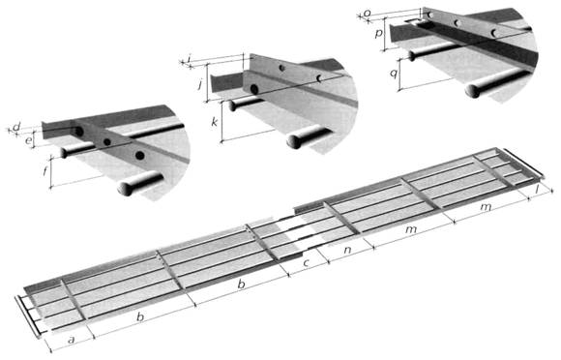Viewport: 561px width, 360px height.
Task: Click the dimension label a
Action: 72,340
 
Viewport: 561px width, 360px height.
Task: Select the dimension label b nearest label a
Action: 140,316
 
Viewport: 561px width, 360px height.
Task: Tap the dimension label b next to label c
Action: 242,285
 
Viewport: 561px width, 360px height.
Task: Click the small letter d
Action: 16,127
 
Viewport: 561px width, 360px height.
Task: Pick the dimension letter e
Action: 28,140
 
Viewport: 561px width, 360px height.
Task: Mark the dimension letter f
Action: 45,171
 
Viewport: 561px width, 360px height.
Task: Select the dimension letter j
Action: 200,85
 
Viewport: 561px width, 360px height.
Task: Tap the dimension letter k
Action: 215,122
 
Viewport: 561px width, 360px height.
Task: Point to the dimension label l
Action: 537,191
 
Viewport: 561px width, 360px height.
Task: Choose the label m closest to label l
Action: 486,207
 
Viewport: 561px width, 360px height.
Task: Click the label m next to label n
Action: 411,229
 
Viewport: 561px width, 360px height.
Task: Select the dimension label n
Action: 347,250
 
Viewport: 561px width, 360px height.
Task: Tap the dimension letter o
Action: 368,14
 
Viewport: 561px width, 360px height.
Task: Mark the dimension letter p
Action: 378,34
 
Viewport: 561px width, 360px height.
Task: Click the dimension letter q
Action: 394,75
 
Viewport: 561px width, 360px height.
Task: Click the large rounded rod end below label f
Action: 126,189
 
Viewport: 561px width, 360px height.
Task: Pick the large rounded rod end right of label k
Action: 294,141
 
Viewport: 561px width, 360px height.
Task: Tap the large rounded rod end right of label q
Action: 473,91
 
